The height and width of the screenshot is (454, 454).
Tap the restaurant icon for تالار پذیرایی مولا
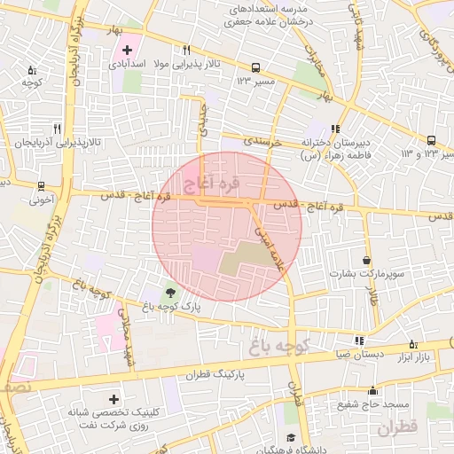pyautogui.click(x=186, y=51)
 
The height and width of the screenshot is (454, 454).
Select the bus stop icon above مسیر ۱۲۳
pyautogui.click(x=255, y=67)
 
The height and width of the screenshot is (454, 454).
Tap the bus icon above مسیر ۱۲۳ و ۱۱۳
pyautogui.click(x=431, y=140)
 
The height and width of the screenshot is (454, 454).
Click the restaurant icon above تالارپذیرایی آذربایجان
pyautogui.click(x=56, y=128)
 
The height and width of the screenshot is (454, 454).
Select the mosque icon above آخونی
pyautogui.click(x=41, y=186)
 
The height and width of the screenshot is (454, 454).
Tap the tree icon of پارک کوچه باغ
pyautogui.click(x=169, y=292)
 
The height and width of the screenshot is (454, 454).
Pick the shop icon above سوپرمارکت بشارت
pyautogui.click(x=366, y=261)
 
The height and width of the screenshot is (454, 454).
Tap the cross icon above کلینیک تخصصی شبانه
pyautogui.click(x=113, y=399)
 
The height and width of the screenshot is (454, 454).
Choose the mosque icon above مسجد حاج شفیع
pyautogui.click(x=373, y=390)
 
